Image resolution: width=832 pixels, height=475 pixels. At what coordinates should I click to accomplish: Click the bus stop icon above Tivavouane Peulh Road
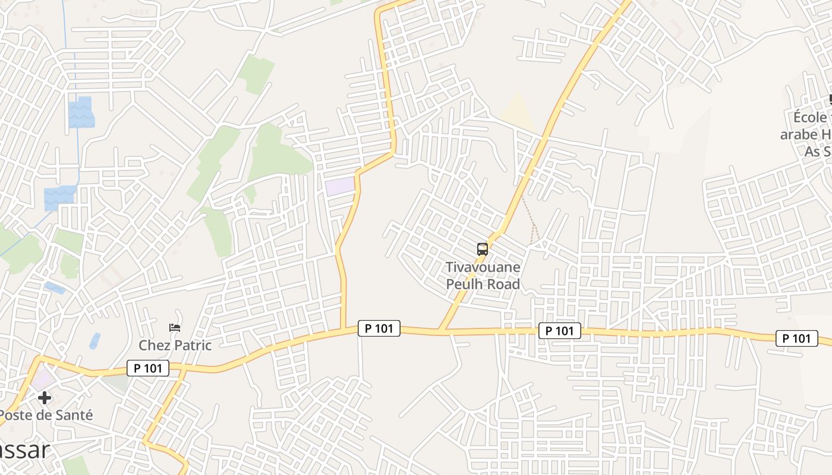pos(483,249)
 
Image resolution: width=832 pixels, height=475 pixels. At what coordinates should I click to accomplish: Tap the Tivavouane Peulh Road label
pos(483,276)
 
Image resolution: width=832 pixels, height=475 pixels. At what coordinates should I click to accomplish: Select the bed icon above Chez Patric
pos(175,327)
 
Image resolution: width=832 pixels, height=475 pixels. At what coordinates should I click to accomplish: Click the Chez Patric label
pos(175,345)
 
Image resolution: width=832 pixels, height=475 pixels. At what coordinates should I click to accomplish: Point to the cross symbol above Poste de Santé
pos(45,397)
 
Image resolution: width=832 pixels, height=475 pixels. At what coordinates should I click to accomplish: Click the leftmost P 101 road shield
pos(148,368)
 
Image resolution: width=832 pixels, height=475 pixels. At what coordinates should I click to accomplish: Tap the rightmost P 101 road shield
pos(796,338)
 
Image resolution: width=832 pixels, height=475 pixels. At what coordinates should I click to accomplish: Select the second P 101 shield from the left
pos(379,328)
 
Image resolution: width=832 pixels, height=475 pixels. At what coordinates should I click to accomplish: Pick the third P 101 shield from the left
pos(560,331)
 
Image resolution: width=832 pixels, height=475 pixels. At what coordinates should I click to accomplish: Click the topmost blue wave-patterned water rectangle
pos(81,112)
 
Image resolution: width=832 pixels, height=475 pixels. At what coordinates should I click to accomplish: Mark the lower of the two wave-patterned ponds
pos(59,198)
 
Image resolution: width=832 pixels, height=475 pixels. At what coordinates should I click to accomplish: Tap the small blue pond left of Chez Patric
pos(95,341)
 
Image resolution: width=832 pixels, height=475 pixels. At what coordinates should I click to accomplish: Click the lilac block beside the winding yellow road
pos(339,186)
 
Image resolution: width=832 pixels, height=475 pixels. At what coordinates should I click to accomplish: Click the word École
pos(810,117)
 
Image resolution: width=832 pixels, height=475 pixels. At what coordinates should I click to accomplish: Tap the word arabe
pos(799,134)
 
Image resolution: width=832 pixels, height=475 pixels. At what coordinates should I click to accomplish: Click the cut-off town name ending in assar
pos(24,451)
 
